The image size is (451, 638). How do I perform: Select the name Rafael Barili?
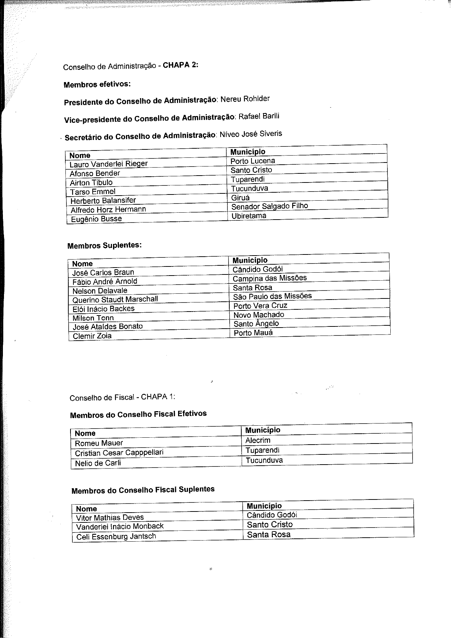pos(259,117)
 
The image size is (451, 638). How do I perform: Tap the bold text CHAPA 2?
pos(180,65)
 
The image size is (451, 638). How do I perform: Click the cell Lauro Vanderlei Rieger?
pos(109,164)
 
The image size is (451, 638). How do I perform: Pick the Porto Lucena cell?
pos(253,161)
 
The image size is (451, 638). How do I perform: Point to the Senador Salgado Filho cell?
pos(269,206)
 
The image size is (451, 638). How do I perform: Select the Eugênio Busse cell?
pos(96,219)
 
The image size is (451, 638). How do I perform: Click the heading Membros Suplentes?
pos(104,245)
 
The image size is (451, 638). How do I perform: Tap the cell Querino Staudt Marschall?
pos(115,300)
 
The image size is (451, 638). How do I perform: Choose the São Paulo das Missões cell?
pos(272,296)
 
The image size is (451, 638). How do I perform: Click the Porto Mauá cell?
pos(253,333)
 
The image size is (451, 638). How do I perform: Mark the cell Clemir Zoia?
pos(92,336)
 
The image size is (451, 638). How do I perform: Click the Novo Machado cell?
pos(258,315)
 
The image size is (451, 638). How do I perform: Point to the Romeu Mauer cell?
pos(99,443)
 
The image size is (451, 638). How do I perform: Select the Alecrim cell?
pos(258,440)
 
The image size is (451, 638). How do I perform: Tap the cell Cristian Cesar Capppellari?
pos(119,453)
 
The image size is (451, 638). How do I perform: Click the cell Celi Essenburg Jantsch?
pos(116,537)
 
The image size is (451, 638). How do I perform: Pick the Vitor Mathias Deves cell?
pos(110,518)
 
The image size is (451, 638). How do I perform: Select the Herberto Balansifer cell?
pos(103,201)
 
